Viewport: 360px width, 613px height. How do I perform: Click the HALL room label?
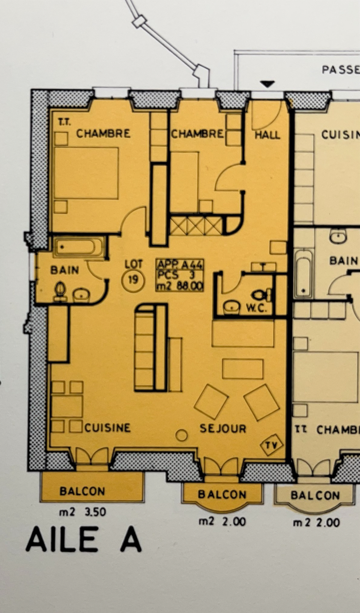[x=267, y=135]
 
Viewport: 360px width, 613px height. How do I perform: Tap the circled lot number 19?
[x=133, y=280]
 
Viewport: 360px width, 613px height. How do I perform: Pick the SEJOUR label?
[x=223, y=429]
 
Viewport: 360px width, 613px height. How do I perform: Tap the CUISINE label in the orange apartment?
[x=108, y=428]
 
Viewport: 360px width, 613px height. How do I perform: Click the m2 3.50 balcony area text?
[x=82, y=512]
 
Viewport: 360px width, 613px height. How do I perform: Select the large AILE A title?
[x=84, y=540]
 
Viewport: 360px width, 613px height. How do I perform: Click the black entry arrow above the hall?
[x=267, y=84]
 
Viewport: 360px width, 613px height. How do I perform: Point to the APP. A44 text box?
[x=180, y=275]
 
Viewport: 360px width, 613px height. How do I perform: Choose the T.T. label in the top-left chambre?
[x=64, y=122]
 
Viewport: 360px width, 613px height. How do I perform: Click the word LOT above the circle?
[x=133, y=264]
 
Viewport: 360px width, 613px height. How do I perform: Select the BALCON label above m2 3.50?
[x=82, y=491]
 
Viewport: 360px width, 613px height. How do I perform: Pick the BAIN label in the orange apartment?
[x=65, y=270]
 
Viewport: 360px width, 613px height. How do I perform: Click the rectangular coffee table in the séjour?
[x=242, y=369]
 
